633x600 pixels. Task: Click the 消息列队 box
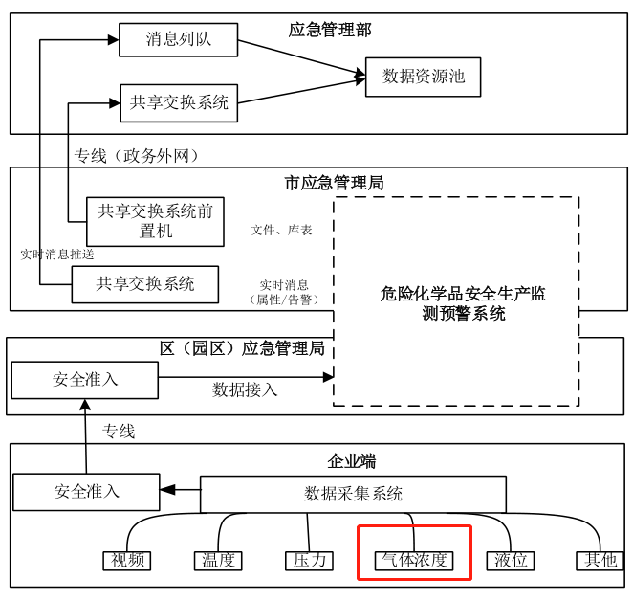pyautogui.click(x=178, y=40)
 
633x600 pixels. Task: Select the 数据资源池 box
pyautogui.click(x=423, y=77)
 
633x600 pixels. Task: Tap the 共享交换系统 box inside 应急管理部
pyautogui.click(x=179, y=102)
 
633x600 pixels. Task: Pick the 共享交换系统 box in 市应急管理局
pyautogui.click(x=145, y=284)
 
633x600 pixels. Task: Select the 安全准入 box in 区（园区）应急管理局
pyautogui.click(x=85, y=380)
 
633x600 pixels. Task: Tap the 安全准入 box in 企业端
pyautogui.click(x=86, y=492)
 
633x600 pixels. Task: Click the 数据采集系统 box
pyautogui.click(x=353, y=494)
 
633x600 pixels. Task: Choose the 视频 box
pyautogui.click(x=127, y=561)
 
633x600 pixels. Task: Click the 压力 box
pyautogui.click(x=309, y=561)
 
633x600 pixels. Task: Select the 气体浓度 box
pyautogui.click(x=414, y=561)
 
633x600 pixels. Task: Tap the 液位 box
pyautogui.click(x=509, y=561)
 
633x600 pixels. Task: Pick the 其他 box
pyautogui.click(x=600, y=561)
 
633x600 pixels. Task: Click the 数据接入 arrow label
pyautogui.click(x=245, y=390)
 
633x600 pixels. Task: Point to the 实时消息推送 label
pyautogui.click(x=57, y=255)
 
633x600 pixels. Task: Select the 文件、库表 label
pyautogui.click(x=281, y=231)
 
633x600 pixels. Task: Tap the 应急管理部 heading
pyautogui.click(x=330, y=31)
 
